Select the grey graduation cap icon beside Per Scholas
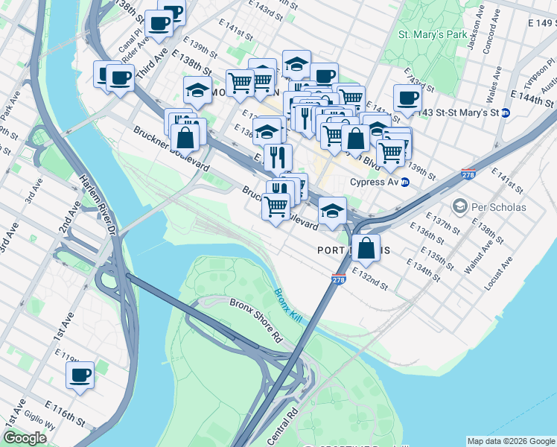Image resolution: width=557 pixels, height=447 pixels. coord(459,206)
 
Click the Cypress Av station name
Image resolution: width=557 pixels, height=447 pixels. coord(375,182)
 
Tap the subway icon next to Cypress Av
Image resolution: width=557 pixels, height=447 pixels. coord(405,182)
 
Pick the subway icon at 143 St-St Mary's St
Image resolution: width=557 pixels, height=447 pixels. coord(506,112)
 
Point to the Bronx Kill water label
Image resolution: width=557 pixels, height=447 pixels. coord(286,306)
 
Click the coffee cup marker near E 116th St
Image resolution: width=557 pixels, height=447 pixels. coord(80,375)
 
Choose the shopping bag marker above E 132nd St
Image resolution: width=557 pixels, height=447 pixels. coord(366,248)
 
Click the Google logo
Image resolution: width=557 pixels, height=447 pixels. coord(25,438)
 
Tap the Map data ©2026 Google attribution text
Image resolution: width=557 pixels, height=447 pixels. coord(511,441)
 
